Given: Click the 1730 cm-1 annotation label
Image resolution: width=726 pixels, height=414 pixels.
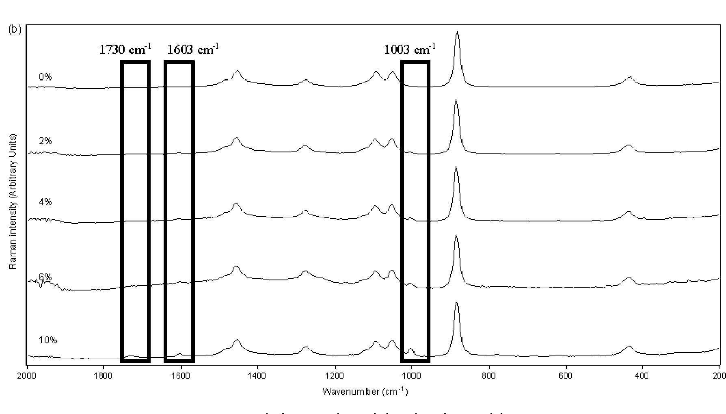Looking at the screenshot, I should (125, 50).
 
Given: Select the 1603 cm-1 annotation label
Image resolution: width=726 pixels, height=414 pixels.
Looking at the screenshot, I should (193, 50).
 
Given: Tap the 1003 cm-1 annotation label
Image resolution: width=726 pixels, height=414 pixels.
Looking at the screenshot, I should (410, 50).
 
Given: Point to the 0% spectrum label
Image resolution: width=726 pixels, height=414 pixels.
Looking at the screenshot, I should (45, 77).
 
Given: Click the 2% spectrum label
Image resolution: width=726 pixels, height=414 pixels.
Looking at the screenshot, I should (45, 141).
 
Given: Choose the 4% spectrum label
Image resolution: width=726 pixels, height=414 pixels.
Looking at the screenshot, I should (45, 202).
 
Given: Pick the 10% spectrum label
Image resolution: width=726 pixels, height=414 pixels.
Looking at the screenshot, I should (48, 340).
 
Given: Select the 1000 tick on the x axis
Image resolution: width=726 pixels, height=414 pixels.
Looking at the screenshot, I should (412, 375).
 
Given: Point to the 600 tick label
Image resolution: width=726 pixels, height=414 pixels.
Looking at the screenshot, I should (566, 375).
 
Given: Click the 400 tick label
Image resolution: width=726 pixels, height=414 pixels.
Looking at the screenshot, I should (642, 375).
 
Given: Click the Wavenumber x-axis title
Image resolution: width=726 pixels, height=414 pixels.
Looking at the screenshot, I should (365, 391).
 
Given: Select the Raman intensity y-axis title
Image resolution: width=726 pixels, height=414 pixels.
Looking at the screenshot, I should (13, 201).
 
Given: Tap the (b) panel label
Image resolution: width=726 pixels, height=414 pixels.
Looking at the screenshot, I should (15, 29).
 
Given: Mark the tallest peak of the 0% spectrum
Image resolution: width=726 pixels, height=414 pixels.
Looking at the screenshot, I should (458, 32).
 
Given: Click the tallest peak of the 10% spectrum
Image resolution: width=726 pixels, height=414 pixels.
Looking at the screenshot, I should (456, 303).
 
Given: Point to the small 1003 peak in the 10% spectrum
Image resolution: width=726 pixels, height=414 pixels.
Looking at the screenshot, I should (411, 349).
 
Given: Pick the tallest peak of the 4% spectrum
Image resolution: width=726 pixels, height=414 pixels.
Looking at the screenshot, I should (456, 167).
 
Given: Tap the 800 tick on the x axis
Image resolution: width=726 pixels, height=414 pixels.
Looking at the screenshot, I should (489, 375).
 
